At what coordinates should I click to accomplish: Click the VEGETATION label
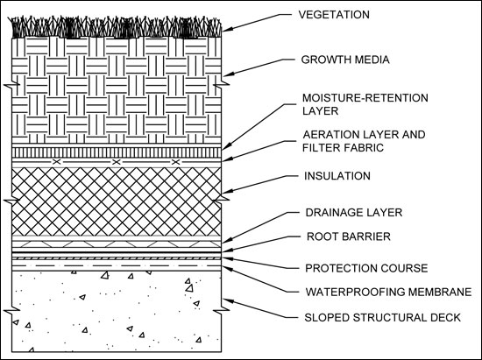334,15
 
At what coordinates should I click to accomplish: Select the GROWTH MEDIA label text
345,60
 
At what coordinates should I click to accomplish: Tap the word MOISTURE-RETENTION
365,98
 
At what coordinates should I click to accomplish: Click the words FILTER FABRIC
343,148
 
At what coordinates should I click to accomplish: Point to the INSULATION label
337,176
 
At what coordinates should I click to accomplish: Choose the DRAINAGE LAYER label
354,213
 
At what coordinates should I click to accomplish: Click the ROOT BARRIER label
349,236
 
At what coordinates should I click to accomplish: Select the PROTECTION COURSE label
366,268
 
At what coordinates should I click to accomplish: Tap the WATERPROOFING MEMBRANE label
388,292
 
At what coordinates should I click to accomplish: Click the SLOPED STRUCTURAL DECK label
382,317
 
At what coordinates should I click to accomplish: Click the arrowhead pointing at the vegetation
227,29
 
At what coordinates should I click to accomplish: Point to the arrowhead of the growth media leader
228,74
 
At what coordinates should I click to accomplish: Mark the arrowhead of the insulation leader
227,191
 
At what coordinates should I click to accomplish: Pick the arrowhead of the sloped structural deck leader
228,301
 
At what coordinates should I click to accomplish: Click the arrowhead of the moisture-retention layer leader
226,147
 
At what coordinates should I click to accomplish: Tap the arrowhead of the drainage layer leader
227,241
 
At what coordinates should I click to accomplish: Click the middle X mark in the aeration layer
116,162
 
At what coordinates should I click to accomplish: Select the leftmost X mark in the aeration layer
56,162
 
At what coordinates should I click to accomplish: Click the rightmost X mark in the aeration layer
175,162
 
